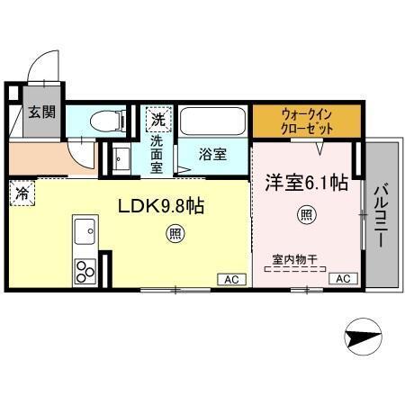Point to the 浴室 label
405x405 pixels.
point(212,153)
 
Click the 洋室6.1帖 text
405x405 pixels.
point(305,183)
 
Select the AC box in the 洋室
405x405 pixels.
point(342,279)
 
